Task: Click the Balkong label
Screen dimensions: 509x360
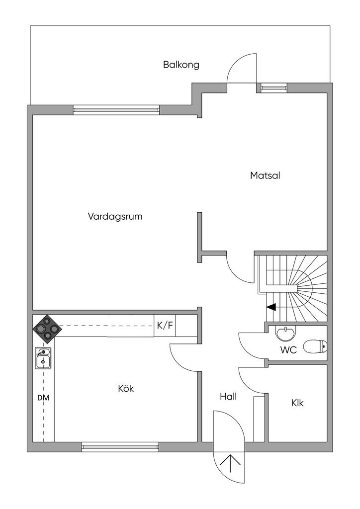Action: [181, 65]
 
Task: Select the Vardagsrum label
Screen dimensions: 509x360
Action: [115, 216]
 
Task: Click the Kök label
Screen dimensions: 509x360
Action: [126, 389]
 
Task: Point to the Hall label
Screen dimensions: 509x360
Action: [228, 397]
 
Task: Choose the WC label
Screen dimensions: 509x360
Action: [288, 350]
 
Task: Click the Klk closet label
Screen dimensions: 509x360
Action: [297, 403]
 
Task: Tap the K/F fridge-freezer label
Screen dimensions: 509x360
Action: [165, 326]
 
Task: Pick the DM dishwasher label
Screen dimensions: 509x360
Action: [43, 398]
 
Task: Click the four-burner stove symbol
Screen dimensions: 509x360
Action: [47, 329]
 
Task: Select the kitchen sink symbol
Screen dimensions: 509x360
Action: [43, 358]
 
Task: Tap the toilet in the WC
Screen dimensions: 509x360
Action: [315, 345]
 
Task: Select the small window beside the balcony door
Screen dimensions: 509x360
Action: [274, 88]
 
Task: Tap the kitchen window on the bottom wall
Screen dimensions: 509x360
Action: [120, 447]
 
